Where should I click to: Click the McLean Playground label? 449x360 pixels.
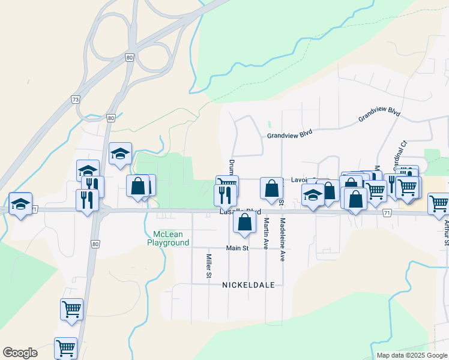[169, 238]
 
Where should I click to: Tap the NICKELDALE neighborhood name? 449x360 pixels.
[249, 285]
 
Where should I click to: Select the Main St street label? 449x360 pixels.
[237, 248]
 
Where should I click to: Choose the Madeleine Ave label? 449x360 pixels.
[282, 239]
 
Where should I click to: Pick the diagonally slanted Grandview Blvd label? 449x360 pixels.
[379, 115]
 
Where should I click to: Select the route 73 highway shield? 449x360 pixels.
[75, 99]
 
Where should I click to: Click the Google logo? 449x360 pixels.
[20, 353]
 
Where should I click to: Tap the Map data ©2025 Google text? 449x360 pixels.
[411, 355]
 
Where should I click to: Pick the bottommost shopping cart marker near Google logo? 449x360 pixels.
[65, 347]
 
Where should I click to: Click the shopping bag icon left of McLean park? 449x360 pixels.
[137, 186]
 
